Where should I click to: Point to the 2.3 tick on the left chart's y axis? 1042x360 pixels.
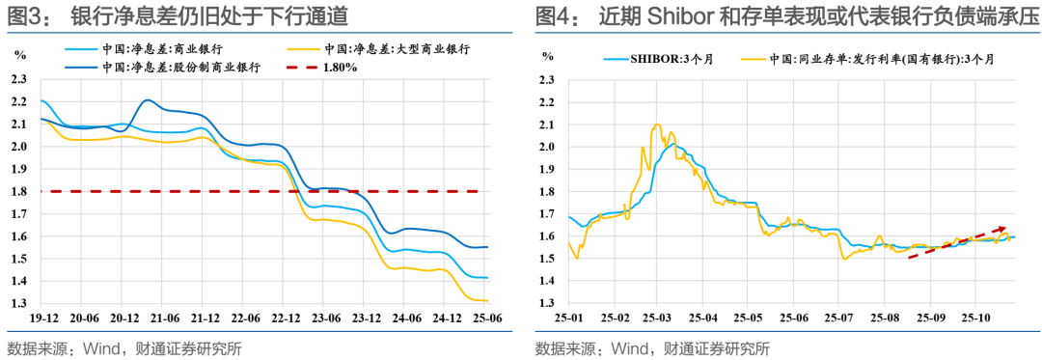click(x=17, y=79)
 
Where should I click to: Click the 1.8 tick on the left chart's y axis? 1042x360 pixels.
click(x=17, y=191)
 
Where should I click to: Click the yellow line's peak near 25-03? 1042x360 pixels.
click(x=657, y=125)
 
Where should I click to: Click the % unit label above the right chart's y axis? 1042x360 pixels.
click(x=548, y=57)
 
